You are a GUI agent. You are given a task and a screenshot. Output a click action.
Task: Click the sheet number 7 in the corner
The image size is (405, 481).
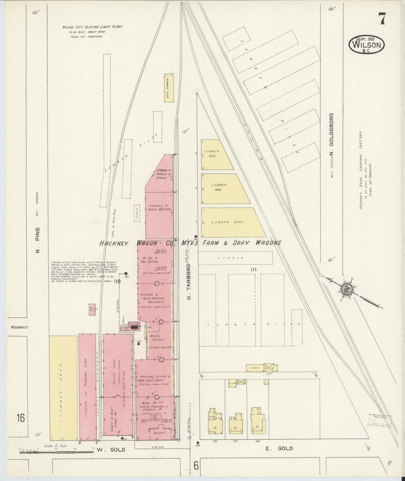[381, 19]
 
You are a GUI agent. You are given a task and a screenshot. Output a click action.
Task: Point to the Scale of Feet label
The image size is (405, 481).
[56, 445]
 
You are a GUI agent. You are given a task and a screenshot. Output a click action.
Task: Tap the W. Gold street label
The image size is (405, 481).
[111, 450]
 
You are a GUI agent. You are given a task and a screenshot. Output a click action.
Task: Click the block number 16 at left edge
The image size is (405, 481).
[20, 418]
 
